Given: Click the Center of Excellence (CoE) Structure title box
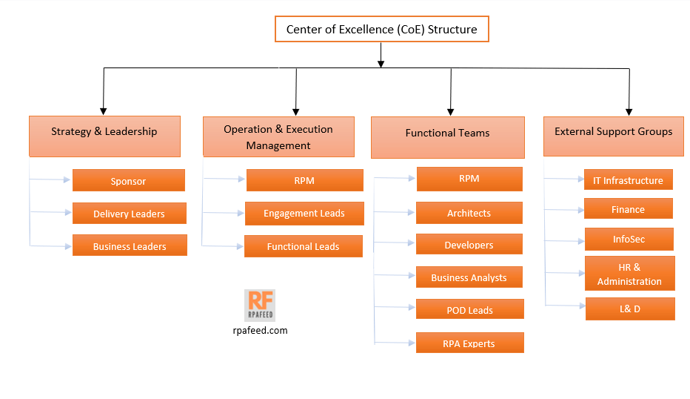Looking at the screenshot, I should coord(381,30).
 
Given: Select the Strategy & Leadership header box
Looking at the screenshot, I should coord(104,136).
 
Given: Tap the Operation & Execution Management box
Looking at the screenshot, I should coord(278,136).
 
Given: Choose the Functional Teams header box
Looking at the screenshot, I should coord(447,137).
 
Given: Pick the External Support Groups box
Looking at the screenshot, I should coord(613,136).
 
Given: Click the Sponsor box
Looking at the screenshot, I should coord(129,180).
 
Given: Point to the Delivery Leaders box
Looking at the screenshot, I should coord(129,213).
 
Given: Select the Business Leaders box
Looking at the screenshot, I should coord(130,245).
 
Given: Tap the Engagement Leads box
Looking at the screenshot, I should coord(304,213).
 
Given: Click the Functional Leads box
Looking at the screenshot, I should coord(304,246).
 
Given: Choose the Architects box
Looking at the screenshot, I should coord(469,213).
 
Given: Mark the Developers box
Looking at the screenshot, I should coord(469,244).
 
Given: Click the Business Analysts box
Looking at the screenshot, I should coord(469,277).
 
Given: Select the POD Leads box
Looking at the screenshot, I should coord(469,309).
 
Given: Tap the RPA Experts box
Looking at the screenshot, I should coord(469,343).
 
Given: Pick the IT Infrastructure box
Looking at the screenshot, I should coord(628,179).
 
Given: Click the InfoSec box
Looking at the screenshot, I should coord(629,239).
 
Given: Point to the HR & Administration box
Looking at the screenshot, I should coord(630,273).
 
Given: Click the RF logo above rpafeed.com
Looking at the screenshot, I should coord(260,305).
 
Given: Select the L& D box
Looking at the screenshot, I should coord(630,309).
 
